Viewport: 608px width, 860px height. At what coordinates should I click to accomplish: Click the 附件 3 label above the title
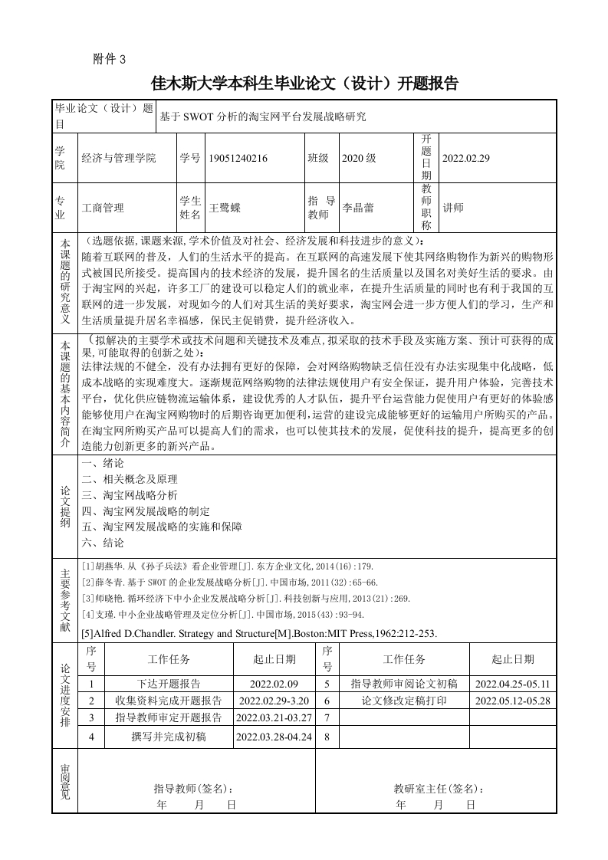pos(108,60)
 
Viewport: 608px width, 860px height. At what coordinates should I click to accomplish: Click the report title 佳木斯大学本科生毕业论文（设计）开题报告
pos(304,84)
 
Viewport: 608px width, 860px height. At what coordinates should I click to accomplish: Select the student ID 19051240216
pos(238,158)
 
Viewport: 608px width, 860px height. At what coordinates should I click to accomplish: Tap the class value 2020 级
pos(359,158)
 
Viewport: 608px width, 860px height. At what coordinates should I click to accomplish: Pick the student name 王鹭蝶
pos(225,207)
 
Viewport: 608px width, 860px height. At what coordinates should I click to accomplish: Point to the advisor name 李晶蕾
pos(357,207)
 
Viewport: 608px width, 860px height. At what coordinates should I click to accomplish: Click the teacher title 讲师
pos(454,207)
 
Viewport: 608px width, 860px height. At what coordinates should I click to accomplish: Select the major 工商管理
pos(103,207)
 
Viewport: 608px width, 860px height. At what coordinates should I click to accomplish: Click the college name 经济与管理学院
pos(118,158)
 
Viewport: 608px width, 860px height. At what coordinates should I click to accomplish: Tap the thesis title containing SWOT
pos(263,117)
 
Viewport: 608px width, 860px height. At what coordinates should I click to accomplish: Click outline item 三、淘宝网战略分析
pos(130,495)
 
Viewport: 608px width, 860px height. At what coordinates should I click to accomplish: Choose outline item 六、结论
pos(103,542)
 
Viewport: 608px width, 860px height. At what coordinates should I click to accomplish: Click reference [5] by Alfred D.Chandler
pos(258,633)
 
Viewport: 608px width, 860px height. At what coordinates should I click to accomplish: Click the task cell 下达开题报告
pos(169,684)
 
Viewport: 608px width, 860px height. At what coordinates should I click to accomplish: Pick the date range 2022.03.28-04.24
pos(275,737)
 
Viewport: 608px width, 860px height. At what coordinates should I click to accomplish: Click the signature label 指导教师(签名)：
pos(194,788)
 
